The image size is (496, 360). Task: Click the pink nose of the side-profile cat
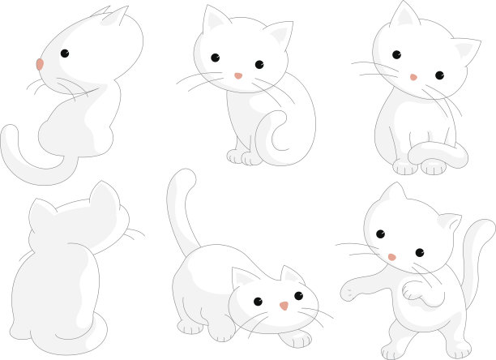tap(40, 63)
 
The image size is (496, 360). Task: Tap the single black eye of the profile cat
tap(64, 54)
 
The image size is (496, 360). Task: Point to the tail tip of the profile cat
tap(10, 132)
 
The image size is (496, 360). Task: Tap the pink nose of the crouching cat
tap(284, 306)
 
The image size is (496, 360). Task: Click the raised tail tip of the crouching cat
tap(182, 176)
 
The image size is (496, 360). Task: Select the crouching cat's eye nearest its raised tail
tap(258, 302)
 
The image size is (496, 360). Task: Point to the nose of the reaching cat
tap(392, 257)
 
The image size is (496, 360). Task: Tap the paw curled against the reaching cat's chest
tap(413, 290)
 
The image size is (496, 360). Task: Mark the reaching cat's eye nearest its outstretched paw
tap(380, 234)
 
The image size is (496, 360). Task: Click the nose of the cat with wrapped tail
tap(413, 77)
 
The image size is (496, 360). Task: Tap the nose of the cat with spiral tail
tap(238, 75)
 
